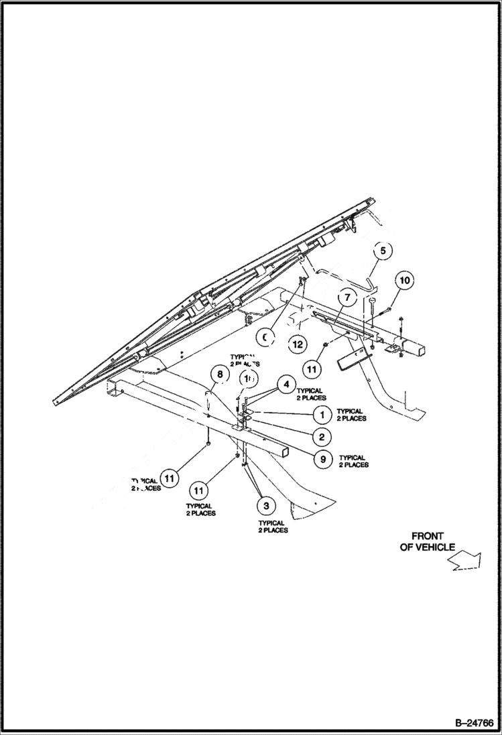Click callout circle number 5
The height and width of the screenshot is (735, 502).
tap(383, 251)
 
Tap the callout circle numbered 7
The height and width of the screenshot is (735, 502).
tap(347, 296)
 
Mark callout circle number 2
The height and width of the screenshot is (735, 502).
tap(321, 437)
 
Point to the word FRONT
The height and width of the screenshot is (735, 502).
tap(427, 536)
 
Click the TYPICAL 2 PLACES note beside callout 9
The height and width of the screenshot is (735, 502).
tap(353, 461)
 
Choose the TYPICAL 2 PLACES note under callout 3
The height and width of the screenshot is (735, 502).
tap(273, 527)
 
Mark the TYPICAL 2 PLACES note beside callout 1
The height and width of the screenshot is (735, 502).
tap(351, 415)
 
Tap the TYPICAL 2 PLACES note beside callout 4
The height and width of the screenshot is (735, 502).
tap(311, 394)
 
